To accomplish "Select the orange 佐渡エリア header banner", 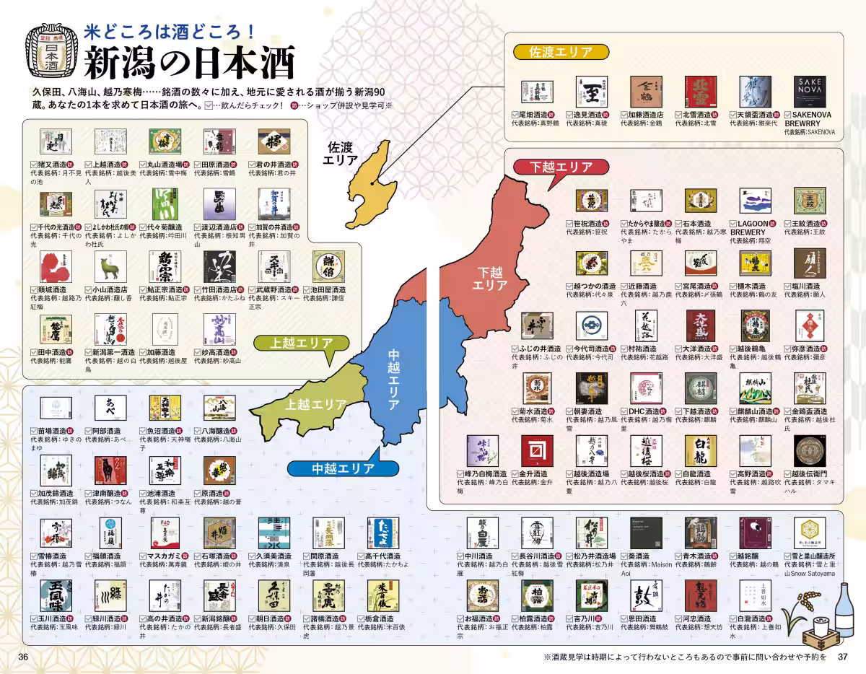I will pos(561,52).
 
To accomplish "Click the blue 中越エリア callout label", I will pos(343,468).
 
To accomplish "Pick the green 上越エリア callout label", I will pos(298,343).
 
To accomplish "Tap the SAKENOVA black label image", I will pos(810,92).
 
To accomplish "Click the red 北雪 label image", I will pos(700,92).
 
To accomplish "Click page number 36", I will pos(23,657).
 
